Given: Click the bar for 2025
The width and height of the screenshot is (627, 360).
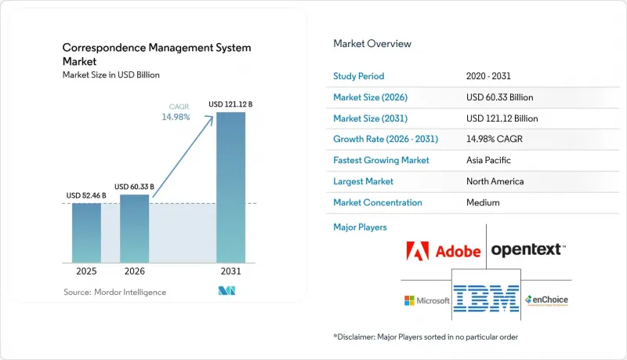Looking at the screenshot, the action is click(x=86, y=233).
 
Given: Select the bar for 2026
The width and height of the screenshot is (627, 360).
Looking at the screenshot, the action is click(x=134, y=229).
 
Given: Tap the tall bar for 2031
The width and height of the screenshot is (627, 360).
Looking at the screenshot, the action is click(x=230, y=187).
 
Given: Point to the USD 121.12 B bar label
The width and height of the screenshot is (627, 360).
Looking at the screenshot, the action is click(x=230, y=104).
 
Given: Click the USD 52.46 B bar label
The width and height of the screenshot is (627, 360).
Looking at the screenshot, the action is click(x=86, y=195).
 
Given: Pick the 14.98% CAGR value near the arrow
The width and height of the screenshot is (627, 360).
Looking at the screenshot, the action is click(x=176, y=117).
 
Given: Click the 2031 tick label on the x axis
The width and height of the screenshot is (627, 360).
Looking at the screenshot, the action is click(x=230, y=271).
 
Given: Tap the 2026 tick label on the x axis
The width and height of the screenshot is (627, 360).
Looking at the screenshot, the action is click(x=134, y=271).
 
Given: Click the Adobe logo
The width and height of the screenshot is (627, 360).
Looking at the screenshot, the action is click(x=443, y=251).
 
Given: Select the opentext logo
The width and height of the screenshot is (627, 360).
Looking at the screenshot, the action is click(x=528, y=250).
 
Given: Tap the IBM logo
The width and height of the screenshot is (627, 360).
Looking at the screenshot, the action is click(x=486, y=298).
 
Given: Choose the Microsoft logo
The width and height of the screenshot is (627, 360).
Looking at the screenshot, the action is click(x=426, y=300).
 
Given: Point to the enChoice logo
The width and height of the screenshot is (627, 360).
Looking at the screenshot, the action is click(x=546, y=300).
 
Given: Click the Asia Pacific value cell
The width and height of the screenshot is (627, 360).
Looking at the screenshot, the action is click(x=488, y=161).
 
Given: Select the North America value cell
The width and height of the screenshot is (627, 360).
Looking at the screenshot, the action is click(x=495, y=182).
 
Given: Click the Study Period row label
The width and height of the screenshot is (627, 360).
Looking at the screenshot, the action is click(x=359, y=76).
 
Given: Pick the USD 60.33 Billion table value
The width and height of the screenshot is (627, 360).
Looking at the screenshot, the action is click(x=499, y=97).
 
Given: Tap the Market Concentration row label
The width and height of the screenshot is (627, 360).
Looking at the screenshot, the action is click(x=378, y=202).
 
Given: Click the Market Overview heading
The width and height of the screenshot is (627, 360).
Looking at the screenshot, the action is click(x=371, y=44).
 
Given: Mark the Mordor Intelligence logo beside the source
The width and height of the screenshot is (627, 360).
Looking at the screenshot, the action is click(x=227, y=291).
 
